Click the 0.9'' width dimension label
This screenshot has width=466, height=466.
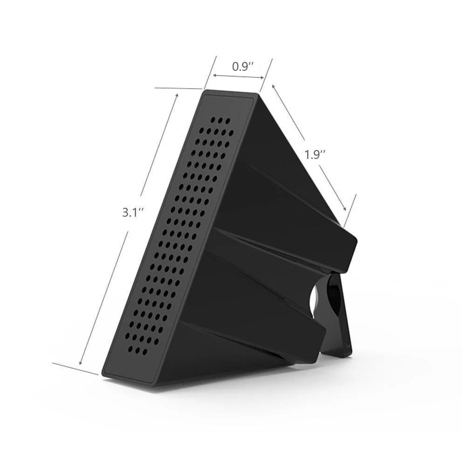242,67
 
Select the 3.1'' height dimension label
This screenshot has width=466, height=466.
132,212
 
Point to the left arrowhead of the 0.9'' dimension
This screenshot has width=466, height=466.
214,75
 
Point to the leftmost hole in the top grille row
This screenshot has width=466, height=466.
212,120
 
